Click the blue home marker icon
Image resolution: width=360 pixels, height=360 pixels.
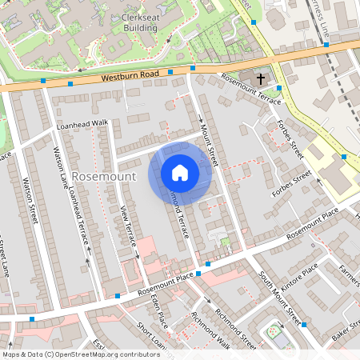coord(180,172)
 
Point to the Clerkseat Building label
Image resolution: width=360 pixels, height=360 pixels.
coord(134,22)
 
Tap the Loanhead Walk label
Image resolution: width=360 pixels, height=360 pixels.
coord(82,125)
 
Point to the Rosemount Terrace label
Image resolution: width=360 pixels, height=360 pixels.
coord(250,90)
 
